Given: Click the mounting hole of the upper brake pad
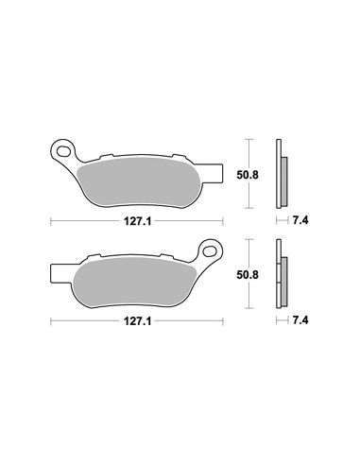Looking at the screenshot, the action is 63,152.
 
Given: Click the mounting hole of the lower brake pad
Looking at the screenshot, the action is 210,251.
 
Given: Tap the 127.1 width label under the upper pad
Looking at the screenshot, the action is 137,221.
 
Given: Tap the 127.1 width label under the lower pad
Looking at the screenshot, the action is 137,321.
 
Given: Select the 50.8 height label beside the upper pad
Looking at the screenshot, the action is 248,175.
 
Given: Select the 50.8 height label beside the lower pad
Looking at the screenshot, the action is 248,275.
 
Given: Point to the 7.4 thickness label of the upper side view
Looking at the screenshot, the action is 300,220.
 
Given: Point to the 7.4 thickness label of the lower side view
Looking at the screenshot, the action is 300,320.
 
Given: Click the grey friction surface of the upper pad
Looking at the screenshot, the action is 139,183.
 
